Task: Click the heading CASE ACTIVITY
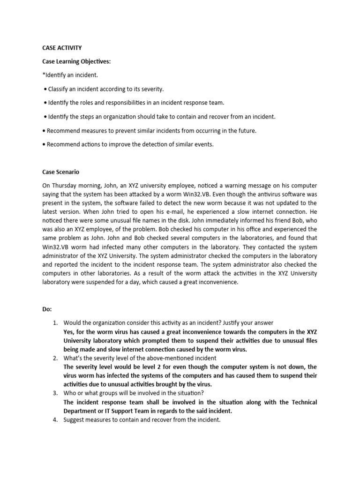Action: click(62, 48)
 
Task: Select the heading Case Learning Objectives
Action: click(77, 61)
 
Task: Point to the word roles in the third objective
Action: click(86, 103)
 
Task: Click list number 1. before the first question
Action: click(55, 323)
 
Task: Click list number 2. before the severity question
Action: click(55, 358)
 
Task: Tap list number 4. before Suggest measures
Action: click(55, 420)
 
